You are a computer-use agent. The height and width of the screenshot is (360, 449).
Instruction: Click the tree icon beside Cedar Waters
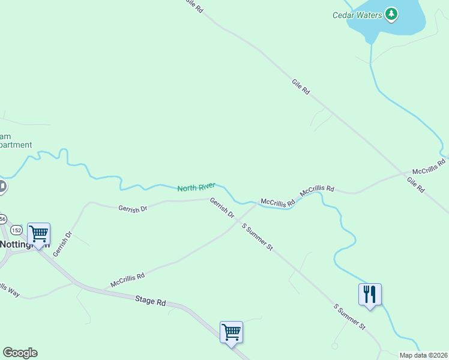391,13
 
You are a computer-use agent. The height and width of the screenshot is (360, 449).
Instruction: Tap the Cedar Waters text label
357,15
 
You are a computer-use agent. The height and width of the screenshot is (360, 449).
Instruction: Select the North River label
196,187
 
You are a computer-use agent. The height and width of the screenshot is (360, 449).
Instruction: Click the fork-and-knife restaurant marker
370,294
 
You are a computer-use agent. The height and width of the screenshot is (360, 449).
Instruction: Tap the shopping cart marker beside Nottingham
39,233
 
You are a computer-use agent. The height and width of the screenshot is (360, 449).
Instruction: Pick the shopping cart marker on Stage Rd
231,332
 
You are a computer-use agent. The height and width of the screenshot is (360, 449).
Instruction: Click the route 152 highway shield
16,230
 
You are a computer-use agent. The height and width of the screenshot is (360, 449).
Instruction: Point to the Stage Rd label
150,301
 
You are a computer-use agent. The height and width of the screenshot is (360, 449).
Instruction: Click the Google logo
20,353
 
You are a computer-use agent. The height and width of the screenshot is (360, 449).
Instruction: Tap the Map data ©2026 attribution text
423,355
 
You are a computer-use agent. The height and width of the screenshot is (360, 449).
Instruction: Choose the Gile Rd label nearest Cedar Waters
301,88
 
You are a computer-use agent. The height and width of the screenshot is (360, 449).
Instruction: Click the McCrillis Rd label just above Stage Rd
127,280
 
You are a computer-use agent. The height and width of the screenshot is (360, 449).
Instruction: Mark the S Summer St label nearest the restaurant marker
349,317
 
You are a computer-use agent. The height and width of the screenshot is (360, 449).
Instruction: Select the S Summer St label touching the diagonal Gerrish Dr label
258,236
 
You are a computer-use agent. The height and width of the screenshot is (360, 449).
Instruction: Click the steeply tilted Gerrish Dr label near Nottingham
62,244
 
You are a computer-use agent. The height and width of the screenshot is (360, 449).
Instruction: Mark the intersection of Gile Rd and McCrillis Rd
403,175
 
